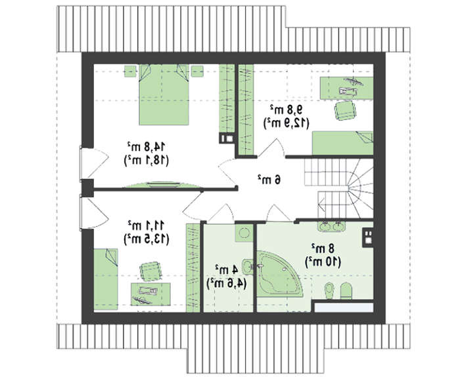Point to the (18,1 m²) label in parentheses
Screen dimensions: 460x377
coord(147,161)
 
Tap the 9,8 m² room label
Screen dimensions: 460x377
coord(287,109)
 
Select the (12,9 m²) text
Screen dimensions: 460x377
coord(287,123)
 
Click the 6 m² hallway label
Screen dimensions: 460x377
coord(269,180)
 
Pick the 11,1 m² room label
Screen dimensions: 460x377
coord(146,226)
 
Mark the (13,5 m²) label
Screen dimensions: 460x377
coord(147,239)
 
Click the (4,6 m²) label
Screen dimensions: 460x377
coord(227,283)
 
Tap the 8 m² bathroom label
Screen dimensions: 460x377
coord(323,248)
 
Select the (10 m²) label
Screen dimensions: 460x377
coord(323,262)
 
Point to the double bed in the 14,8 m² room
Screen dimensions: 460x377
coord(164,94)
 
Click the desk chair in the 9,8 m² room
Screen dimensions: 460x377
coord(345,110)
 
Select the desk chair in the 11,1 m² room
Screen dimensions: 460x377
coord(150,271)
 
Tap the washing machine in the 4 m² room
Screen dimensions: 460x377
coord(244,233)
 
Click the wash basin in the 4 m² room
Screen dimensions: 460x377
coord(248,266)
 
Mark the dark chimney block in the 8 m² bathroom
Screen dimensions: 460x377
coord(367,237)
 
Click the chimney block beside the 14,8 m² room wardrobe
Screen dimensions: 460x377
coord(227,138)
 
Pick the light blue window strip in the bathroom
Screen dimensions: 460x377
coord(344,308)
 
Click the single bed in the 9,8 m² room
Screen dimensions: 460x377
coord(342,143)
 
